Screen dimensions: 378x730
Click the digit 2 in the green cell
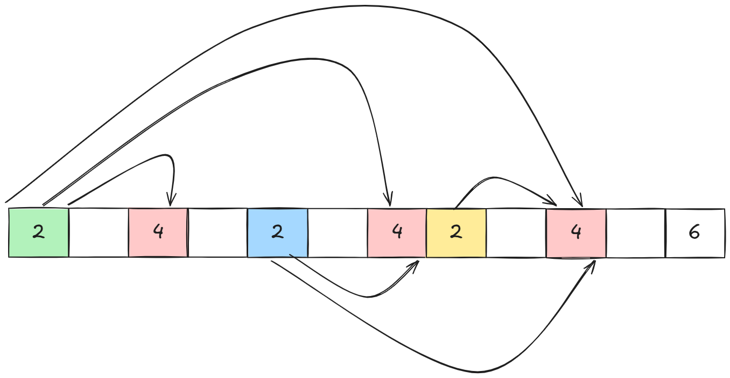(38, 232)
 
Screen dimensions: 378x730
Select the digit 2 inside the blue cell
(277, 232)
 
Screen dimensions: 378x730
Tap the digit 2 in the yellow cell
(456, 232)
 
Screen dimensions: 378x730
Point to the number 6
(694, 232)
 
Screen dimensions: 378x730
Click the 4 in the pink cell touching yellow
(397, 232)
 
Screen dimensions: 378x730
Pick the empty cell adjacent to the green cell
(99, 232)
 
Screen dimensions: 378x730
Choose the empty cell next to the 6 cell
(636, 232)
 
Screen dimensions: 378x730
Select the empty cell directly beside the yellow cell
(516, 232)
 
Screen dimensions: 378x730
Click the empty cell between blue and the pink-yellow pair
(337, 232)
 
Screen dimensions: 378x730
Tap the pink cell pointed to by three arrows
(576, 232)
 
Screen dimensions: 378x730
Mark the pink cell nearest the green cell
(158, 232)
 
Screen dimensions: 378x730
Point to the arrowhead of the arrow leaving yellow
(554, 203)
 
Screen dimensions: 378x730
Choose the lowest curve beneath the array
(474, 372)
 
